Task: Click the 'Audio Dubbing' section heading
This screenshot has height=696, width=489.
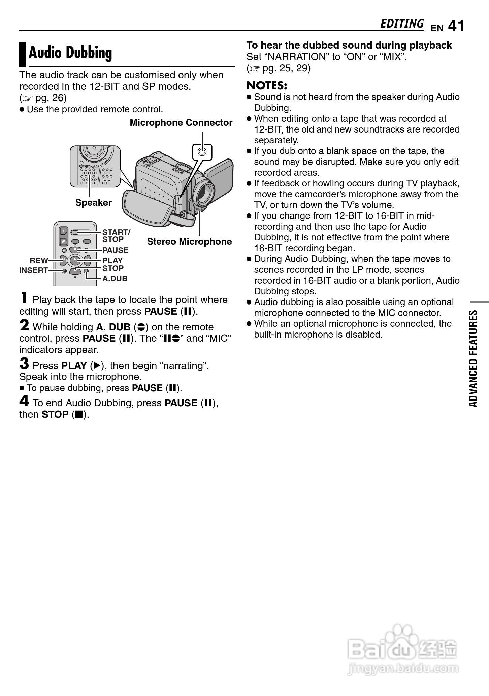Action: point(70,53)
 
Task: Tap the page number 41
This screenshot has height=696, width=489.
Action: point(456,26)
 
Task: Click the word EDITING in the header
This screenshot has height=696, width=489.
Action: point(401,24)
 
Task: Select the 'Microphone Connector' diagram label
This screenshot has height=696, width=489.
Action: point(181,123)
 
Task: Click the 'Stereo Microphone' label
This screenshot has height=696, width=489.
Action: point(189,242)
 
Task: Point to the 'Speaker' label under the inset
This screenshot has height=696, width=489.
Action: point(93,203)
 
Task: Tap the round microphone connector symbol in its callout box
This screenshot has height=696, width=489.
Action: point(202,151)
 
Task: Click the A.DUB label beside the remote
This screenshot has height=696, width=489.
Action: point(115,279)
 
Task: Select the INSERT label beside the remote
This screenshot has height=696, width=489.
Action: point(33,270)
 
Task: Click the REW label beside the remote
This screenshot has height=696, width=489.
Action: point(39,261)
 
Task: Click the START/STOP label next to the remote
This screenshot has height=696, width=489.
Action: point(116,236)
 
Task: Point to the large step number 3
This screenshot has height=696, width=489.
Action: point(24,364)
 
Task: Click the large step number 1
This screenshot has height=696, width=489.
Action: point(24,298)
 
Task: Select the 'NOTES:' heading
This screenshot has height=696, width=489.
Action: point(267,85)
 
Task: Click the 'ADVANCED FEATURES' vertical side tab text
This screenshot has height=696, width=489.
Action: point(473,358)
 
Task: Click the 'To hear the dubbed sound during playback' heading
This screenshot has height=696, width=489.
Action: point(349,45)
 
